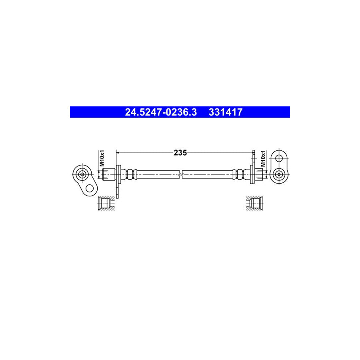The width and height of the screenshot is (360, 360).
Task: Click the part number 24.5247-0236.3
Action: [x=161, y=112]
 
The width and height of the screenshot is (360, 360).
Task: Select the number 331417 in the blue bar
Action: [x=225, y=112]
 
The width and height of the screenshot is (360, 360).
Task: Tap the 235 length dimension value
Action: [x=180, y=152]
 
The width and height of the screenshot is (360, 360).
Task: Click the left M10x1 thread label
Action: [x=102, y=158]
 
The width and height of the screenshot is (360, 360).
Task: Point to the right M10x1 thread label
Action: [x=263, y=158]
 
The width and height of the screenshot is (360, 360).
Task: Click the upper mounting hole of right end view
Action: [x=279, y=158]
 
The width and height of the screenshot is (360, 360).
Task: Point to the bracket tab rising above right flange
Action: [x=254, y=157]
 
